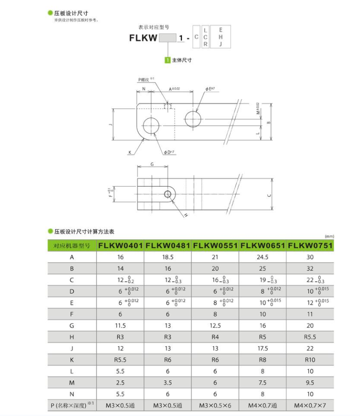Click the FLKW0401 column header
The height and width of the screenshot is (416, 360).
tap(120, 245)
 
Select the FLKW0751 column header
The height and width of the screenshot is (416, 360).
tap(310, 245)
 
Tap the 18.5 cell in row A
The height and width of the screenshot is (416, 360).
tap(168, 257)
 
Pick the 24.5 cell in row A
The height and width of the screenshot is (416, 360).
tap(263, 257)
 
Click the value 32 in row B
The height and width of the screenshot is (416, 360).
tap(310, 268)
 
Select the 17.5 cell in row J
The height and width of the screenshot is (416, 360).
tap(263, 348)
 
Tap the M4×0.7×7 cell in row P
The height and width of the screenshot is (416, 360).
tap(310, 406)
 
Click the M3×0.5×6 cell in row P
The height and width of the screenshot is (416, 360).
tap(215, 406)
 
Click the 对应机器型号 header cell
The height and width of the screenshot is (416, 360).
tap(72, 245)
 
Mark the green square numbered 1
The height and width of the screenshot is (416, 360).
tap(168, 60)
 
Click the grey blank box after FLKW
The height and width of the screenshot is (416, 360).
tap(167, 38)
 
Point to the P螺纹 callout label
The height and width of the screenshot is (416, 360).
tap(145, 79)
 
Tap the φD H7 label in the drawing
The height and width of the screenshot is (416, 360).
tap(169, 153)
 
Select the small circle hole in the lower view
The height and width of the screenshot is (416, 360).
tap(168, 194)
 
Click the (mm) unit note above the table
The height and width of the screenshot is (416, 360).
tap(329, 236)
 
